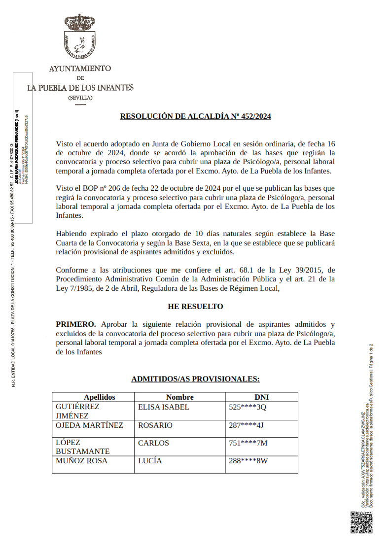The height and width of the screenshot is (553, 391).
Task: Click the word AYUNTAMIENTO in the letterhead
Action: pos(80,69)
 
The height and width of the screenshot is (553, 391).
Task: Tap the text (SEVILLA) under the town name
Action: pos(80,98)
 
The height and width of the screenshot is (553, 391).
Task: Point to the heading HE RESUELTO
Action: pos(195,307)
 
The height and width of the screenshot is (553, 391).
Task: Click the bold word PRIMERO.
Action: pos(76,324)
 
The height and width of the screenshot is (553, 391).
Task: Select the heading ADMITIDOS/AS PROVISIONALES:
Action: pos(195,379)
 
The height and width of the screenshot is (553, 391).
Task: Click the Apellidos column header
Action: pos(99,397)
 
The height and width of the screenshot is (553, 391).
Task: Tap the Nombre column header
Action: pos(180,397)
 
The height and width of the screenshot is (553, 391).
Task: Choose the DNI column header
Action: pos(261,397)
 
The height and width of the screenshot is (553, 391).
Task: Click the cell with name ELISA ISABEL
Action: pos(163,408)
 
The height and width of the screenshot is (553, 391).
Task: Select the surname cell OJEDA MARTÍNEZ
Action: pos(89,425)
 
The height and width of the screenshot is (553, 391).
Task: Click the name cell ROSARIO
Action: pos(155,425)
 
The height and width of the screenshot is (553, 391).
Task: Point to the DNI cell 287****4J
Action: pos(247,425)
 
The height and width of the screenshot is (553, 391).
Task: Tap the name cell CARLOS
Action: pos(153,443)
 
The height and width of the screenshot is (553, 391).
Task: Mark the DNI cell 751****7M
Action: pos(248,443)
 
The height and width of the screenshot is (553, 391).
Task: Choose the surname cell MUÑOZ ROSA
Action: pos(81,461)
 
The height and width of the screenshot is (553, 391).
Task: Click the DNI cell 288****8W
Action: pos(248,461)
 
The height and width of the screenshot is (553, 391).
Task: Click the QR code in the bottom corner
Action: pos(361,522)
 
